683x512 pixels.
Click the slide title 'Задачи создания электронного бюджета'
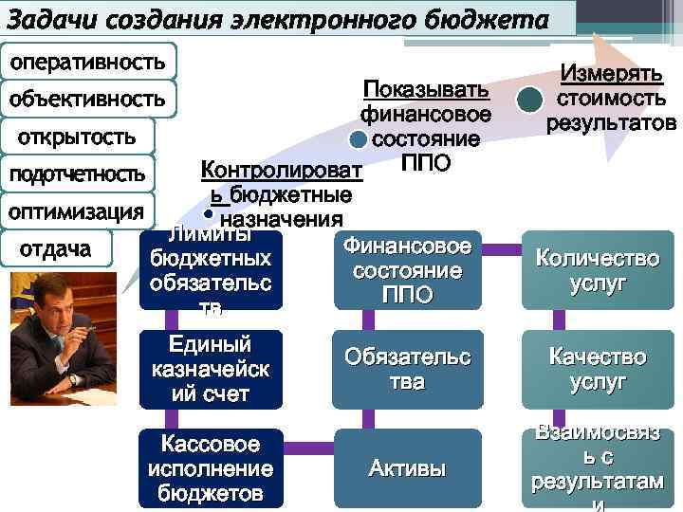click(281, 19)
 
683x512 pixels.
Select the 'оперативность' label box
click(88, 62)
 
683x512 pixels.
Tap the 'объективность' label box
click(88, 98)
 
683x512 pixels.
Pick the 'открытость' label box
click(77, 137)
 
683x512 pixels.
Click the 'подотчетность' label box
click(77, 174)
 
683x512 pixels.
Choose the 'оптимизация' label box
click(77, 210)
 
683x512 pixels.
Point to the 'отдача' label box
click(57, 248)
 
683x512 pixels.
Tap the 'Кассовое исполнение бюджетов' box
click(211, 467)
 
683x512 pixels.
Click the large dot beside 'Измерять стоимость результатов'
click(529, 101)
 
